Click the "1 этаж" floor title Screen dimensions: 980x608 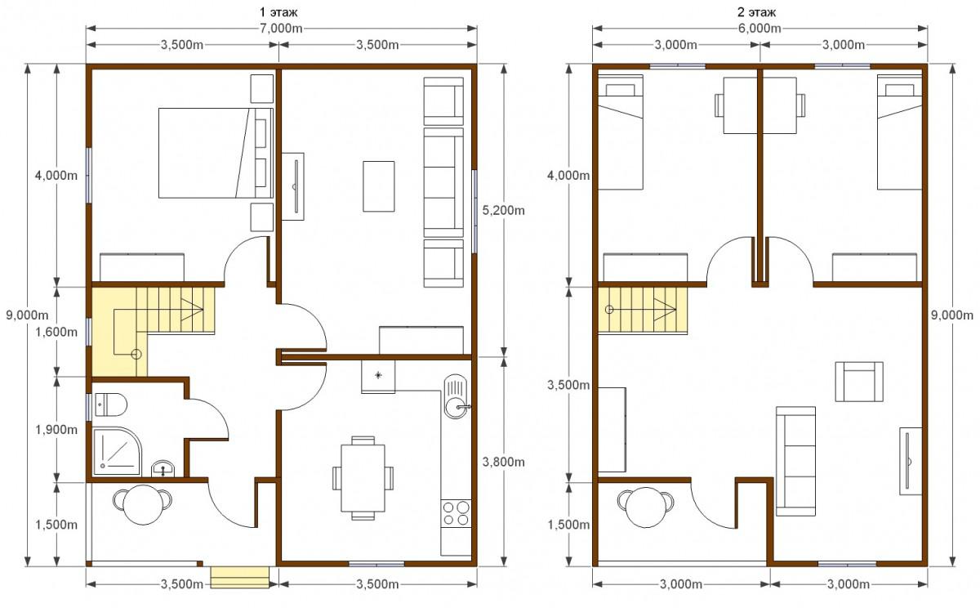click(x=278, y=11)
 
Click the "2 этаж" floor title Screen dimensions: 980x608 click(x=756, y=11)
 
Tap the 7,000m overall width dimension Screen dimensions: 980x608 click(x=281, y=29)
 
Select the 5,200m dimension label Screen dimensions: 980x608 click(x=504, y=211)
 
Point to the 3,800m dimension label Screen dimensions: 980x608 click(x=504, y=462)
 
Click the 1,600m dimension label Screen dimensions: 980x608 click(x=56, y=333)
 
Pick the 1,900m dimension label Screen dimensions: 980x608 click(x=56, y=430)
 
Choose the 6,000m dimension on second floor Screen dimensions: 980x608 click(x=760, y=29)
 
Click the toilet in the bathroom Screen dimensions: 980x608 click(x=111, y=405)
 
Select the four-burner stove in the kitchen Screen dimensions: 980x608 click(x=456, y=513)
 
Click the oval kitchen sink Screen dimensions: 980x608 click(x=456, y=396)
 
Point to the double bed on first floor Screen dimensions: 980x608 click(x=216, y=153)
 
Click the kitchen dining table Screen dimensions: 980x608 click(x=363, y=478)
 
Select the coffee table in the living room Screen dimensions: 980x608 click(x=378, y=186)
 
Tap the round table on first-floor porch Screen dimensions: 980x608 click(x=143, y=505)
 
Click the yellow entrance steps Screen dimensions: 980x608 click(x=240, y=578)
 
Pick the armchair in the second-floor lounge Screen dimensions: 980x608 click(x=859, y=382)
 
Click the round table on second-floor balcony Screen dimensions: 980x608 click(x=646, y=507)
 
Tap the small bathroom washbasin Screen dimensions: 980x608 click(x=163, y=469)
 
